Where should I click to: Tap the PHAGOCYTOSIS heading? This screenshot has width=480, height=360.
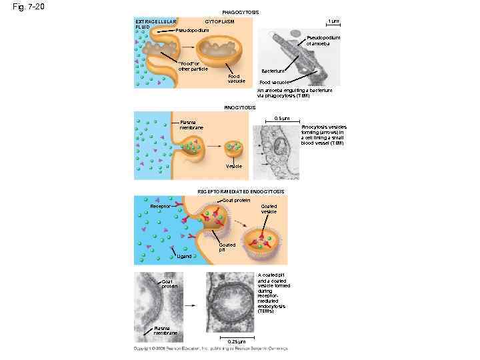tap(240, 12)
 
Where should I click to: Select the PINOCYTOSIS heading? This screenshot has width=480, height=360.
tap(240, 107)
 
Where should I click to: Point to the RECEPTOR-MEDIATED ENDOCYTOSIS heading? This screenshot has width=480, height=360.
tap(241, 191)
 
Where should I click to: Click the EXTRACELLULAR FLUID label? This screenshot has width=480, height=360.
tap(152, 24)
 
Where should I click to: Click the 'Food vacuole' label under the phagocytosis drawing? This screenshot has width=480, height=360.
tap(237, 79)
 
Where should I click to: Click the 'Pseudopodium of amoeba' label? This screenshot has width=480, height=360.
tap(323, 41)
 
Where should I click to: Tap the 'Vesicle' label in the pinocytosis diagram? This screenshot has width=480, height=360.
tap(234, 166)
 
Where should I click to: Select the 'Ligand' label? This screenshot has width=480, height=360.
tap(184, 256)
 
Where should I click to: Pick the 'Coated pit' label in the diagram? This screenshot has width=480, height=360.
tap(227, 247)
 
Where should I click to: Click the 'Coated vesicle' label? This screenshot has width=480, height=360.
tap(269, 209)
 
